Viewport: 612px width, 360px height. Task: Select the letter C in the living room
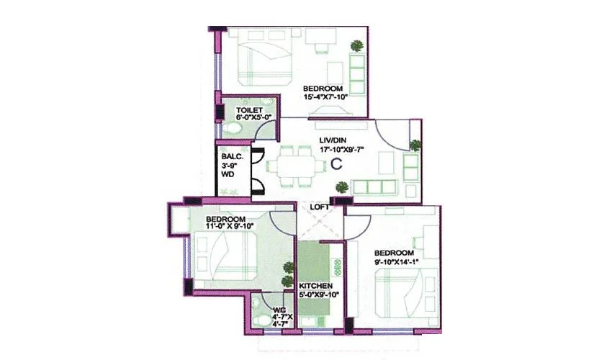click(336, 163)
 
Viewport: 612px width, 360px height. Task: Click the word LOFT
click(320, 207)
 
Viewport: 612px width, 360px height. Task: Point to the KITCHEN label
click(315, 286)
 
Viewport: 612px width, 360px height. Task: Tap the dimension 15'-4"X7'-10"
click(332, 99)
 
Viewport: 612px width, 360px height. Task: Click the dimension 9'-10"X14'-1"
click(394, 262)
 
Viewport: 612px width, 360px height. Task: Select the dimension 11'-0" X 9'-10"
click(226, 228)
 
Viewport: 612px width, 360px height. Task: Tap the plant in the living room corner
click(414, 144)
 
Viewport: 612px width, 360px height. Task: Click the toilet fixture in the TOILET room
click(231, 130)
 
